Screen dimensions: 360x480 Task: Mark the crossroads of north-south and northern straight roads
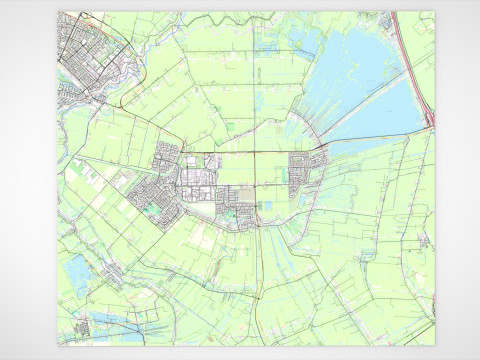pyautogui.click(x=254, y=154)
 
